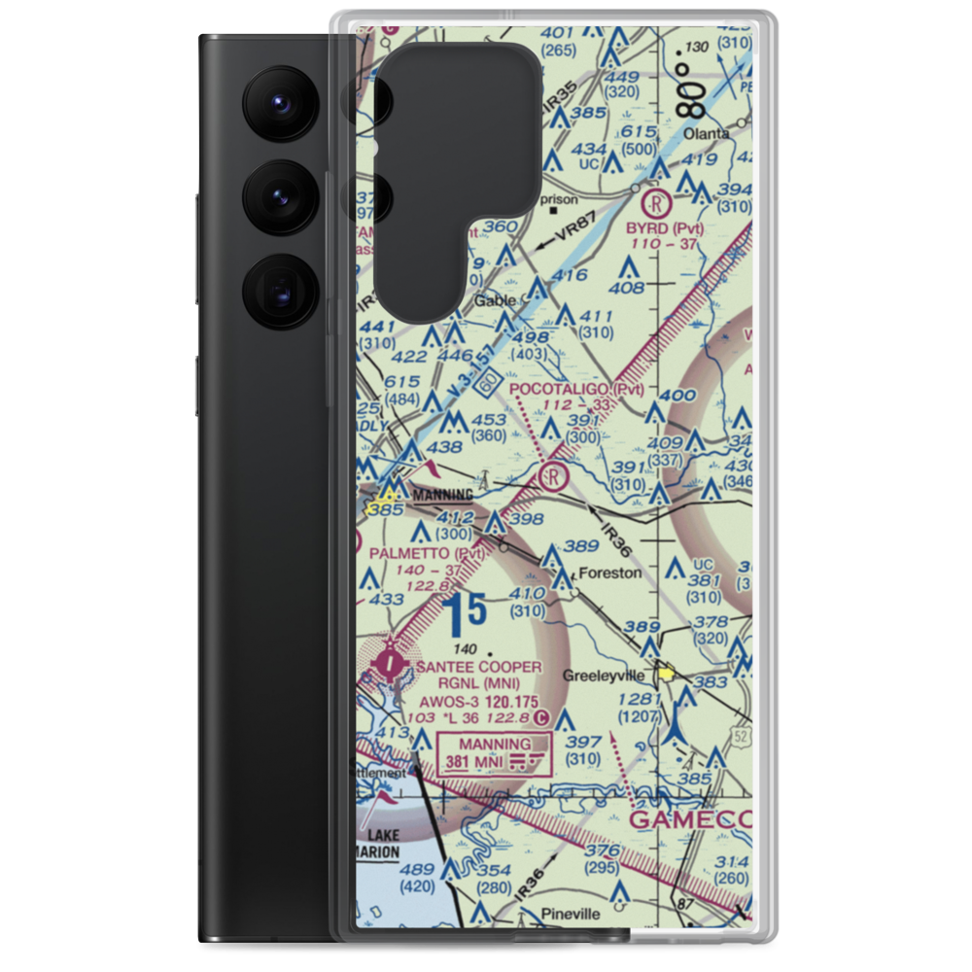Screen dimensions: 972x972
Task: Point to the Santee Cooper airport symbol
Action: tap(391, 666)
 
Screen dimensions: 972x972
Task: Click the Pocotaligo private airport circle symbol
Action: tap(551, 476)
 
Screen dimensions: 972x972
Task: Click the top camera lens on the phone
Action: tap(279, 103)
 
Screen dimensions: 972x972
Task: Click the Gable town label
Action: tap(495, 301)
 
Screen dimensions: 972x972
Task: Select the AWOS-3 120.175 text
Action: tap(479, 700)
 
